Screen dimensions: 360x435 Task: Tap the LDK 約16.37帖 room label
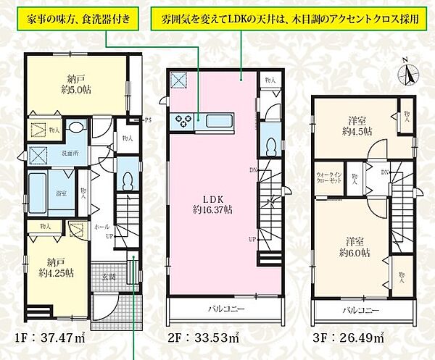click(212, 203)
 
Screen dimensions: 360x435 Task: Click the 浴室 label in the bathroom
click(41, 193)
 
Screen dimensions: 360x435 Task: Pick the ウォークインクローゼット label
click(328, 180)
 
